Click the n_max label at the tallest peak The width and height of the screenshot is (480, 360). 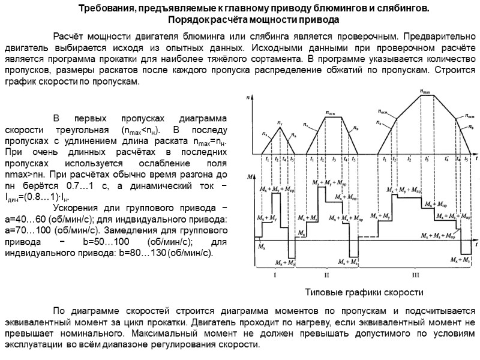(x=424, y=92)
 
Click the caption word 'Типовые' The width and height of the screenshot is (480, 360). (x=325, y=292)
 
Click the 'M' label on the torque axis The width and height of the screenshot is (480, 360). (x=248, y=176)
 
